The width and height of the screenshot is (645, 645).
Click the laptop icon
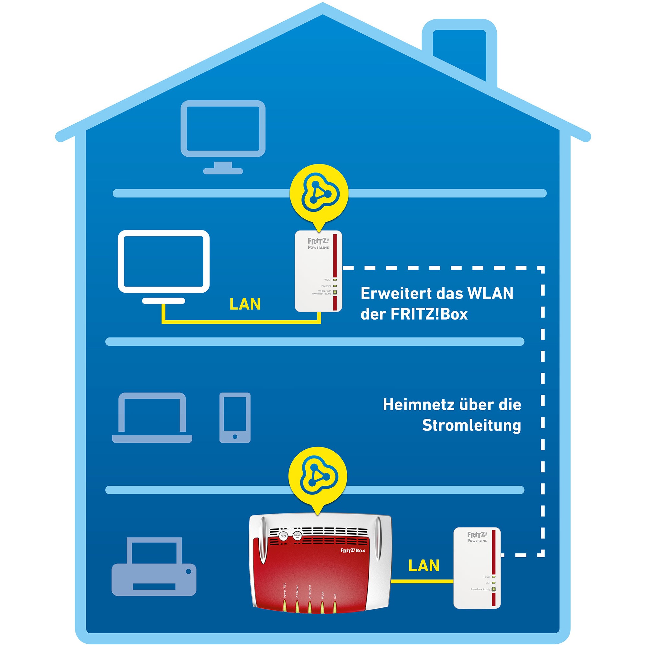[x=152, y=418]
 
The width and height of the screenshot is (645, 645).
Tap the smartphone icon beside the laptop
[x=235, y=418]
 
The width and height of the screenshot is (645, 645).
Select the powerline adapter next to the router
[x=477, y=568]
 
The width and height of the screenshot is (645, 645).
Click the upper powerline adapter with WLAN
[x=319, y=271]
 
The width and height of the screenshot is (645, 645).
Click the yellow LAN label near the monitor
[x=245, y=304]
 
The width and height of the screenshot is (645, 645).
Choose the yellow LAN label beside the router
[x=423, y=566]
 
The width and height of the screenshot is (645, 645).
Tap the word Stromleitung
[x=471, y=425]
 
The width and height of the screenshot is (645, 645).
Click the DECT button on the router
[x=283, y=537]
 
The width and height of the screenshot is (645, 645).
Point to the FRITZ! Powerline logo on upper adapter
[x=318, y=243]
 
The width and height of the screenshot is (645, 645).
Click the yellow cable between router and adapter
[x=422, y=581]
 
